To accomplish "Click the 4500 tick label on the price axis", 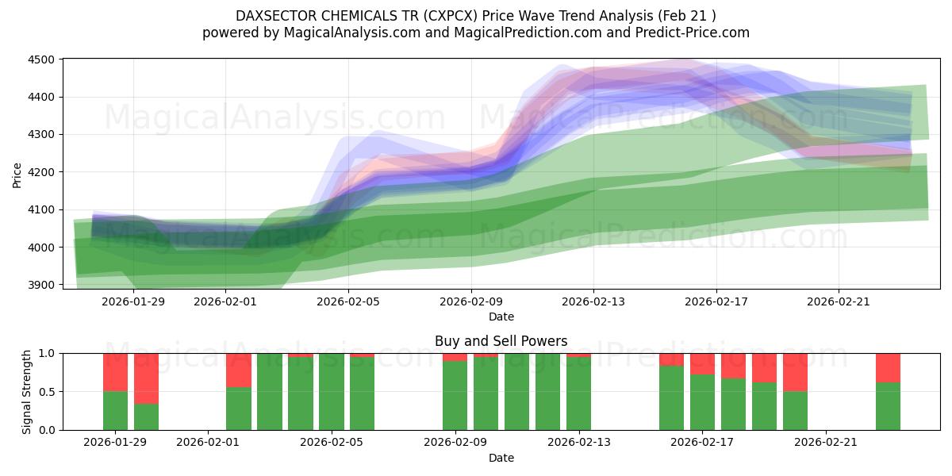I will (x=40, y=59).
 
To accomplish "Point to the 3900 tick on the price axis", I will (x=40, y=285).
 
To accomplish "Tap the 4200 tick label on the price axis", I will (x=40, y=172).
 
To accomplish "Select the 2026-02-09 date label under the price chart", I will (x=471, y=301).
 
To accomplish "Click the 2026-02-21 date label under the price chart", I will (x=839, y=301).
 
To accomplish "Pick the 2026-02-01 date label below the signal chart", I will (x=208, y=443).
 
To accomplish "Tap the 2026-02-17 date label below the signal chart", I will (x=703, y=443).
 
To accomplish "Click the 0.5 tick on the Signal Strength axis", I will (x=47, y=392).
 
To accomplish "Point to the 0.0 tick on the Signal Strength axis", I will (x=47, y=430).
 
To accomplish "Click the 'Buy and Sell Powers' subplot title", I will (x=501, y=341).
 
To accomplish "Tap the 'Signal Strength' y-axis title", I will (x=26, y=391).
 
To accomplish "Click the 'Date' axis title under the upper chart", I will (x=501, y=317).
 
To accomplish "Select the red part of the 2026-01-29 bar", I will (x=116, y=372).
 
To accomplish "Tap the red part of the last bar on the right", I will (x=888, y=367).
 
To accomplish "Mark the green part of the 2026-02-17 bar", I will (x=703, y=402).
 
